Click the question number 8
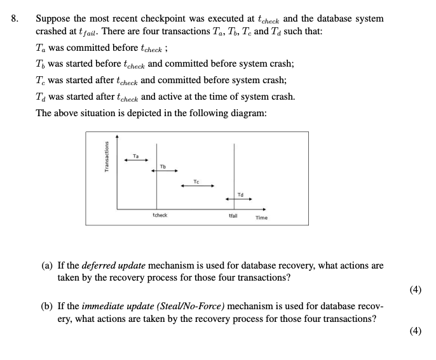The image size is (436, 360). tap(15, 18)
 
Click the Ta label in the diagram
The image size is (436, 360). tap(135, 154)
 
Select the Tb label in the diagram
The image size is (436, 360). tap(163, 167)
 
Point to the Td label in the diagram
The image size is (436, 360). tap(240, 194)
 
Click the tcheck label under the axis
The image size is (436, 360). tap(160, 215)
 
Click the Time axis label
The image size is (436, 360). tap(261, 218)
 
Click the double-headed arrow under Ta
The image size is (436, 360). tap(135, 160)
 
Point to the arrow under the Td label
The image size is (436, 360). tap(240, 199)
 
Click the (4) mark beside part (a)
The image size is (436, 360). tap(416, 290)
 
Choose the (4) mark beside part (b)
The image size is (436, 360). tap(416, 330)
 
